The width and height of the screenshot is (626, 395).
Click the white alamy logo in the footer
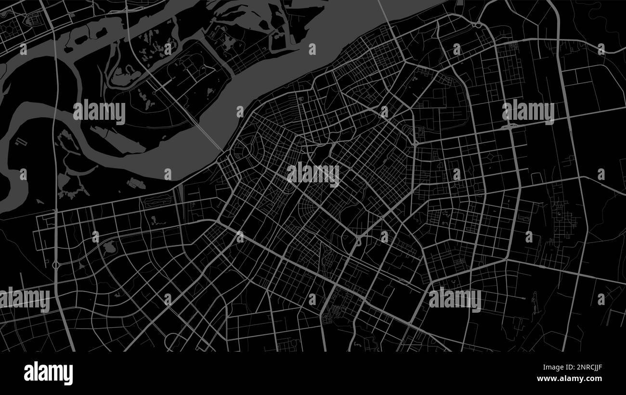(48, 373)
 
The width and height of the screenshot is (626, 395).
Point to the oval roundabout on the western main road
(56, 265)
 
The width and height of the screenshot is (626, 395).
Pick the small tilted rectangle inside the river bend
(21, 142)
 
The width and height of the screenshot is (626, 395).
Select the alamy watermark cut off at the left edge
(24, 300)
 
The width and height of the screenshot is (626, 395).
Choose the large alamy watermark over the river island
(99, 112)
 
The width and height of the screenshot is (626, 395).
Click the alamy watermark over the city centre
(313, 174)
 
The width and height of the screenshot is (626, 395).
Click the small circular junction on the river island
(154, 92)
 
